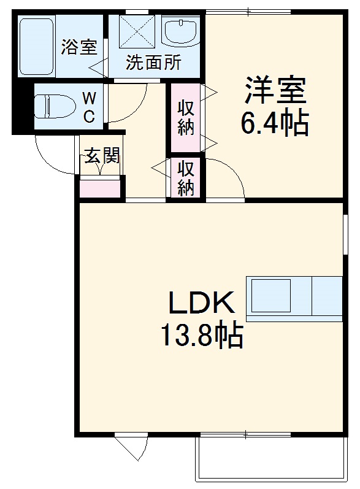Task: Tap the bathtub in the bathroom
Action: point(36,47)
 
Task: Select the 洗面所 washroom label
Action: point(153,63)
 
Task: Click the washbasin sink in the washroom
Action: point(182,32)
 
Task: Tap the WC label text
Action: point(89,107)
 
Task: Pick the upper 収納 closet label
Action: point(186,118)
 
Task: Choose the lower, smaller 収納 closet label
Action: point(186,178)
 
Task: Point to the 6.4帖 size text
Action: point(274,123)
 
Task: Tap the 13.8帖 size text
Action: point(201,335)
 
